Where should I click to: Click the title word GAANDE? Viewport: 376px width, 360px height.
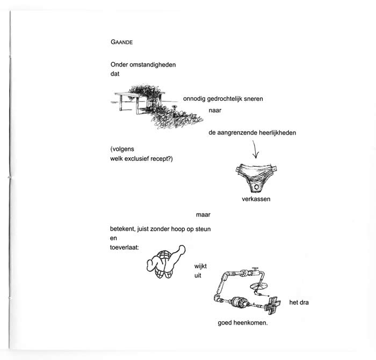(x=121, y=42)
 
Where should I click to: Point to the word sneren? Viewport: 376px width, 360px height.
(x=254, y=99)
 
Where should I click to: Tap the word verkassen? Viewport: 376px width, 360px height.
(x=256, y=199)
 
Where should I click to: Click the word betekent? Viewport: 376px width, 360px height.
(x=122, y=229)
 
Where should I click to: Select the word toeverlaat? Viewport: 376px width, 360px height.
(x=124, y=247)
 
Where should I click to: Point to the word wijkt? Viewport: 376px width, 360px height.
(x=200, y=266)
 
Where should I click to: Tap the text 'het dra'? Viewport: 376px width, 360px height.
(x=299, y=302)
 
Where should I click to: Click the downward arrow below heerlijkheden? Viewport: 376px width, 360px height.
(x=255, y=149)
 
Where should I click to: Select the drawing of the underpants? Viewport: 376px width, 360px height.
(x=256, y=178)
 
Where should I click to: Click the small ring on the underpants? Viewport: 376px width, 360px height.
(x=256, y=187)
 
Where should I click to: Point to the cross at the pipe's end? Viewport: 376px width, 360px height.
(x=272, y=305)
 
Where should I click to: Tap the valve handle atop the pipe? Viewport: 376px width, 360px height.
(x=255, y=268)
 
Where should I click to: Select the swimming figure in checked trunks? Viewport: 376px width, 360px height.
(x=165, y=262)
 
